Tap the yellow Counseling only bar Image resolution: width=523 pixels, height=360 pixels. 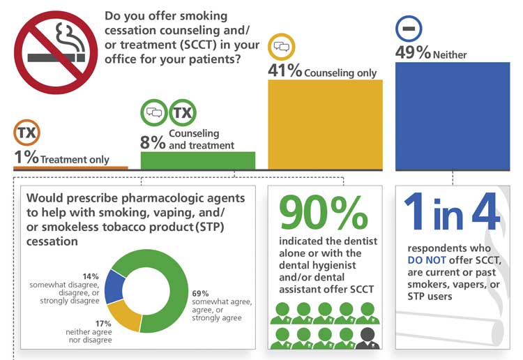tap(325, 124)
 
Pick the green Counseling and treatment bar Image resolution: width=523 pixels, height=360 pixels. tap(198, 160)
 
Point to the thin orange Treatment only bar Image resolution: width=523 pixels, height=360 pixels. tap(70, 167)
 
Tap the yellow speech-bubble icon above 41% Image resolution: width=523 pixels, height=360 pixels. tap(282, 47)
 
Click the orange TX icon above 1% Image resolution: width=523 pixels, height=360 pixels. tap(27, 133)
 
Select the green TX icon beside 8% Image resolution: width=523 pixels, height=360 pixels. tap(183, 112)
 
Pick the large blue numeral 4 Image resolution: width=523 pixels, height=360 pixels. tap(485, 212)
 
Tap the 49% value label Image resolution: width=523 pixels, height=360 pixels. tap(413, 53)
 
